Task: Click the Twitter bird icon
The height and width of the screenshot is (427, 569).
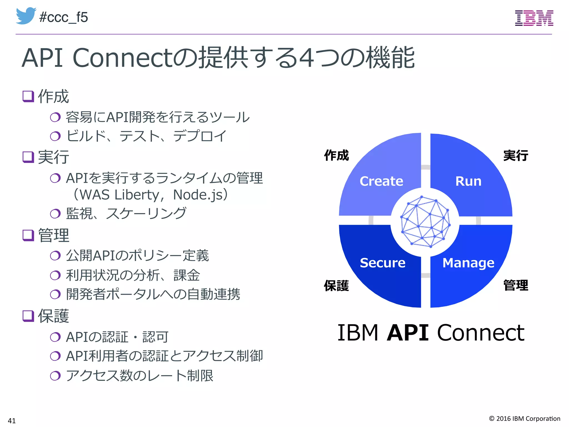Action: [x=26, y=16]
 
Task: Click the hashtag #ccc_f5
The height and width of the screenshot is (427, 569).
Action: [x=64, y=17]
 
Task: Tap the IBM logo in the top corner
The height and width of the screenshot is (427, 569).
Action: [x=534, y=18]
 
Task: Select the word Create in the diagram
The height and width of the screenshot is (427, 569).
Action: [x=381, y=181]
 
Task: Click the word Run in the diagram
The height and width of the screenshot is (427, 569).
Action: [x=468, y=181]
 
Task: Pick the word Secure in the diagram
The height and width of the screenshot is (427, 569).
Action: [x=383, y=263]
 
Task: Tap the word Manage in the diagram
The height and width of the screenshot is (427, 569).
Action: [x=468, y=263]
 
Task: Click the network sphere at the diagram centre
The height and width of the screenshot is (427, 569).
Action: [x=425, y=222]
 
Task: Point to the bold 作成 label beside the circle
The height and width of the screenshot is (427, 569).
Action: [x=336, y=155]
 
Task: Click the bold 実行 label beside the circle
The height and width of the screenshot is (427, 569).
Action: [x=516, y=155]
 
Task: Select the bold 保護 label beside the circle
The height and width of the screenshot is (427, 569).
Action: [x=336, y=286]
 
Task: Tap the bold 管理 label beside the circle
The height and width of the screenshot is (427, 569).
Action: [x=516, y=286]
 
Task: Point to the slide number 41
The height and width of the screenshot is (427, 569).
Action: [x=12, y=421]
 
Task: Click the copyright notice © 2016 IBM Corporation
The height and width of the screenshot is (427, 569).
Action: [x=525, y=418]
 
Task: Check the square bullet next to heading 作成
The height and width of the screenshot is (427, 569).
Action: [x=28, y=96]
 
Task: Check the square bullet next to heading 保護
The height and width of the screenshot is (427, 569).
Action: [x=28, y=316]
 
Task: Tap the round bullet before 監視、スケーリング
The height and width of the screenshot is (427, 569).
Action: [x=55, y=213]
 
